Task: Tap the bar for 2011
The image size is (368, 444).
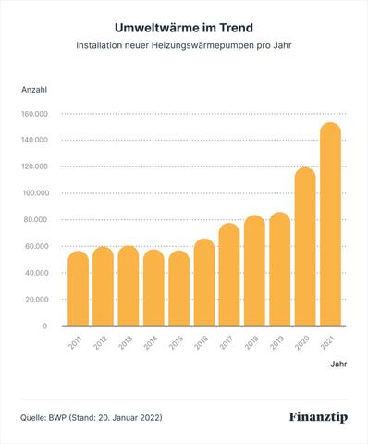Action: (79, 289)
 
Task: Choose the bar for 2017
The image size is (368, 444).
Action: (229, 275)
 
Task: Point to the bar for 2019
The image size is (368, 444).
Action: (279, 269)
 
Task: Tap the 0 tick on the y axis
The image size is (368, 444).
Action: (44, 327)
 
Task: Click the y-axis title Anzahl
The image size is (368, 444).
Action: (34, 88)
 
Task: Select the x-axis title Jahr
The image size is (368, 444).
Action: (339, 365)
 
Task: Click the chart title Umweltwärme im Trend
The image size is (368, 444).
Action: (183, 29)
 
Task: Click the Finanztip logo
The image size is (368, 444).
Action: (317, 417)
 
